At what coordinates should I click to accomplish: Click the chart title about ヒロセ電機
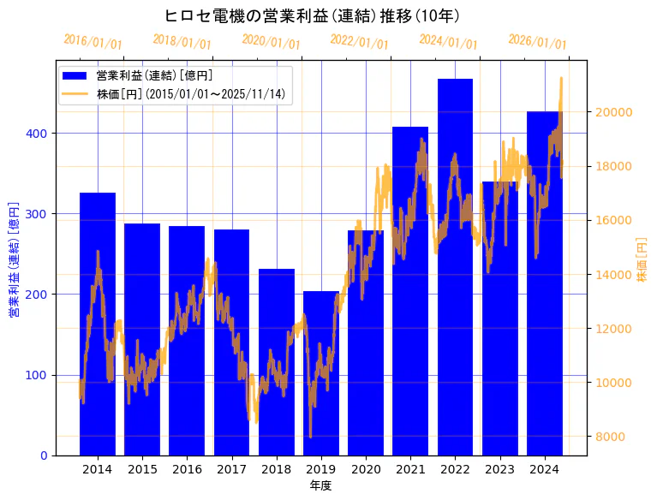click(312, 15)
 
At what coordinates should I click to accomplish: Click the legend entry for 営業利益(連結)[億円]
click(154, 76)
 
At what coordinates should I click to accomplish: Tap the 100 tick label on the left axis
click(39, 375)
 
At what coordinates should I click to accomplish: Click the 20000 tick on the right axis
click(614, 112)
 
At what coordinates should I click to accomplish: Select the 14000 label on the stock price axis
click(614, 275)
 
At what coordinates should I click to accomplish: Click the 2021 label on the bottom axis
click(410, 469)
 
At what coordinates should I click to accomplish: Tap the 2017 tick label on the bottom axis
click(231, 469)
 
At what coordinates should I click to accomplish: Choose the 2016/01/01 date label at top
click(93, 42)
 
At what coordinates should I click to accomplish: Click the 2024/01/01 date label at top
click(448, 42)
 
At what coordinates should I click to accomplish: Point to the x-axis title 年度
click(320, 485)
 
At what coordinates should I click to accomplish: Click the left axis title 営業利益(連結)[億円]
click(14, 260)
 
